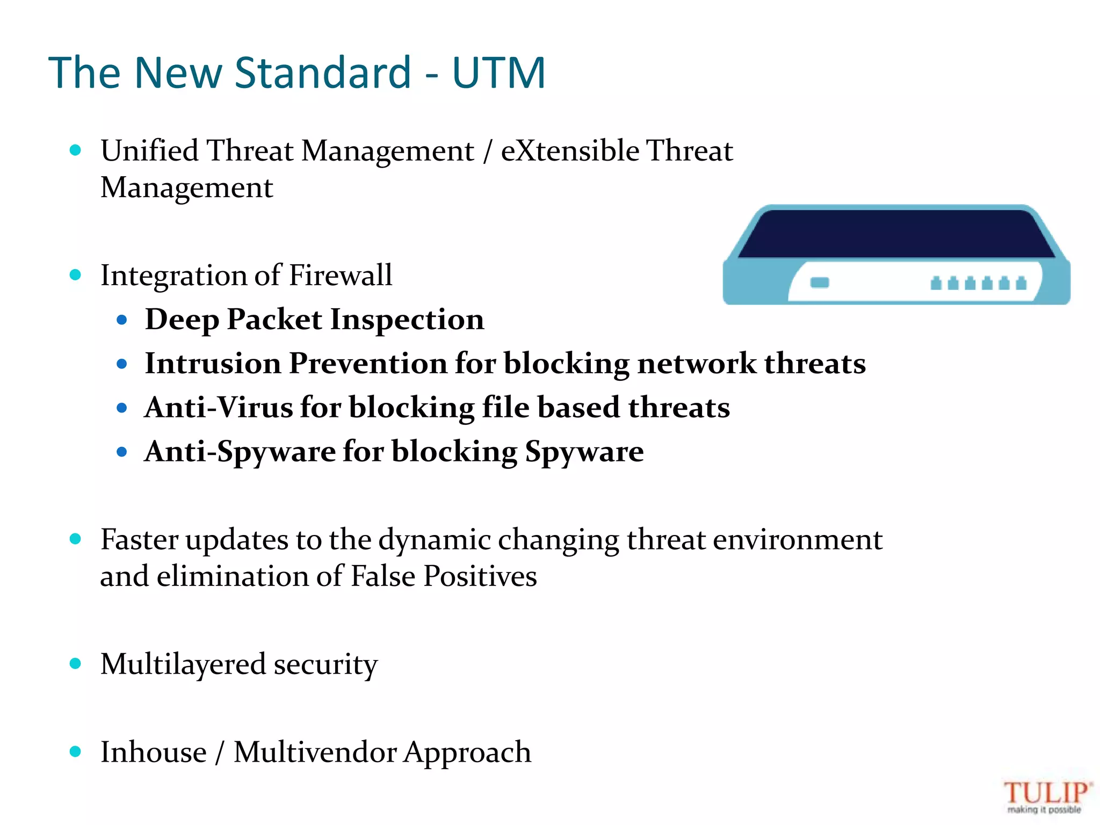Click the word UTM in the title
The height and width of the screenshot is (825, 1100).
click(498, 73)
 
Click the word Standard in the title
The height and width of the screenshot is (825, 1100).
click(323, 73)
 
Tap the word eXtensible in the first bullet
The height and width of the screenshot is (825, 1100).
click(570, 150)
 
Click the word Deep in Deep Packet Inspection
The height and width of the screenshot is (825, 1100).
click(182, 320)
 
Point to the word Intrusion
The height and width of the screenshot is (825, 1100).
click(213, 364)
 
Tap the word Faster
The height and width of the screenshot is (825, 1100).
click(139, 539)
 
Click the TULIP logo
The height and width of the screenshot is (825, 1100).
click(1046, 797)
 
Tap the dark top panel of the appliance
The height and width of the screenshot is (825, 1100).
click(896, 234)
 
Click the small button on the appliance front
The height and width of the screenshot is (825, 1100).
click(820, 283)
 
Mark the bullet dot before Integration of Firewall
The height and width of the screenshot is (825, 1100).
click(75, 275)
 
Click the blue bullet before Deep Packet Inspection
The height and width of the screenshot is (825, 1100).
click(122, 320)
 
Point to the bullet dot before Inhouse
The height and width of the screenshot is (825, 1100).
click(75, 751)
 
